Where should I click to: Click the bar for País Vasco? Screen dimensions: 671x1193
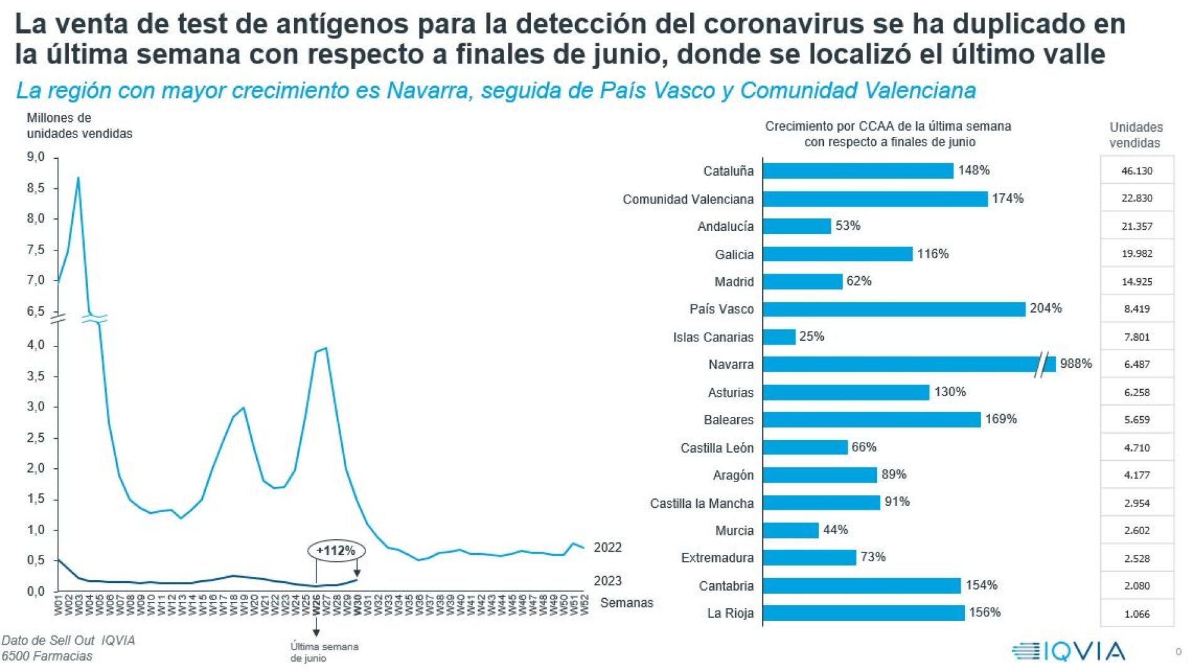pos(893,309)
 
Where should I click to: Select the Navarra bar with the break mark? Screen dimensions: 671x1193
pos(909,364)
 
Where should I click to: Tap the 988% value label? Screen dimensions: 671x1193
pos(1076,363)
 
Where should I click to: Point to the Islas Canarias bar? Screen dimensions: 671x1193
pos(779,337)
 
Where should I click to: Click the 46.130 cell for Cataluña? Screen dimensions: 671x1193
pos(1136,171)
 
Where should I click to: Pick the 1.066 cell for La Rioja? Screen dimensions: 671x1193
pos(1136,614)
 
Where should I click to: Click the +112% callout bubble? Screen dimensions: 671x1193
pos(336,550)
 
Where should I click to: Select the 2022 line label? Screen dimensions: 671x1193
pos(607,547)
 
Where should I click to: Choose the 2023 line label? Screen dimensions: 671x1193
pos(607,581)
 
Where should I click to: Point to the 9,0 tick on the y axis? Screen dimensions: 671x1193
pos(36,157)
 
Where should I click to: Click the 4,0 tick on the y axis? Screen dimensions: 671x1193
pos(36,345)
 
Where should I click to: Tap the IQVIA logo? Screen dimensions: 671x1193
pos(1069,651)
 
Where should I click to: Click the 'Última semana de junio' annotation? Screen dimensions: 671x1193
pos(324,652)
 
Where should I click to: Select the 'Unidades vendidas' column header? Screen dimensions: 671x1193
pos(1135,135)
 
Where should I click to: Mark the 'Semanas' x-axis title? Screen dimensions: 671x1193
pos(626,603)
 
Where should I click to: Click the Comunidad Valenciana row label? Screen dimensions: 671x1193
pos(688,199)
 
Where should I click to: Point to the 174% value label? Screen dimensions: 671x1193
pos(1007,198)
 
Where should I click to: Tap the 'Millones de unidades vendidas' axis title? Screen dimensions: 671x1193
pos(79,126)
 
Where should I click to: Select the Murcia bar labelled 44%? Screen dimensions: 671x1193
pos(791,530)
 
